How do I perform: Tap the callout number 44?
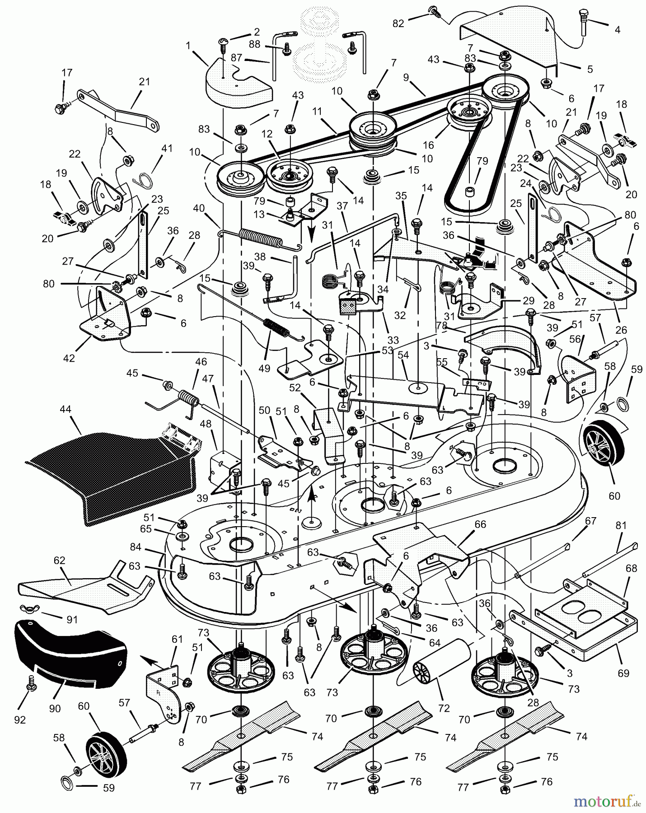tap(66, 410)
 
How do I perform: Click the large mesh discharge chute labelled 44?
tap(108, 474)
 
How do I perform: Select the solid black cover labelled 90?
tap(68, 650)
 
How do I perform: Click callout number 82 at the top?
tap(398, 23)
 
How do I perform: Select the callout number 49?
tap(264, 368)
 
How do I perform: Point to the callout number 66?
tap(480, 524)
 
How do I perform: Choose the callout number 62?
tap(60, 561)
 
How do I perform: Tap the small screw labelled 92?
tap(31, 684)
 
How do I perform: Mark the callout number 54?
tap(403, 355)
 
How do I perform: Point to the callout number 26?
tap(621, 330)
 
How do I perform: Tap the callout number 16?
tap(428, 145)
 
